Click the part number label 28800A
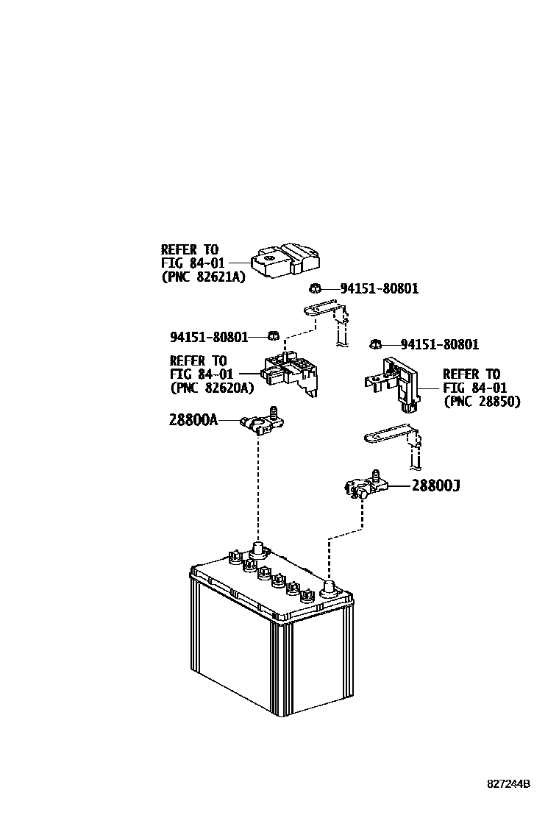[193, 420]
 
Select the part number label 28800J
[435, 486]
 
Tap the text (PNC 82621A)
[202, 277]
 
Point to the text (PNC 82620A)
[211, 388]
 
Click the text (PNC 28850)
[482, 402]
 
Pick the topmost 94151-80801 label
[379, 288]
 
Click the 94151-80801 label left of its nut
[209, 337]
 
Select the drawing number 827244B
[508, 784]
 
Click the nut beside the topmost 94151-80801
[315, 288]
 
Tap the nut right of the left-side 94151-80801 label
[271, 336]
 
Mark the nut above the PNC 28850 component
[374, 344]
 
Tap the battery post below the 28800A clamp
[258, 549]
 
